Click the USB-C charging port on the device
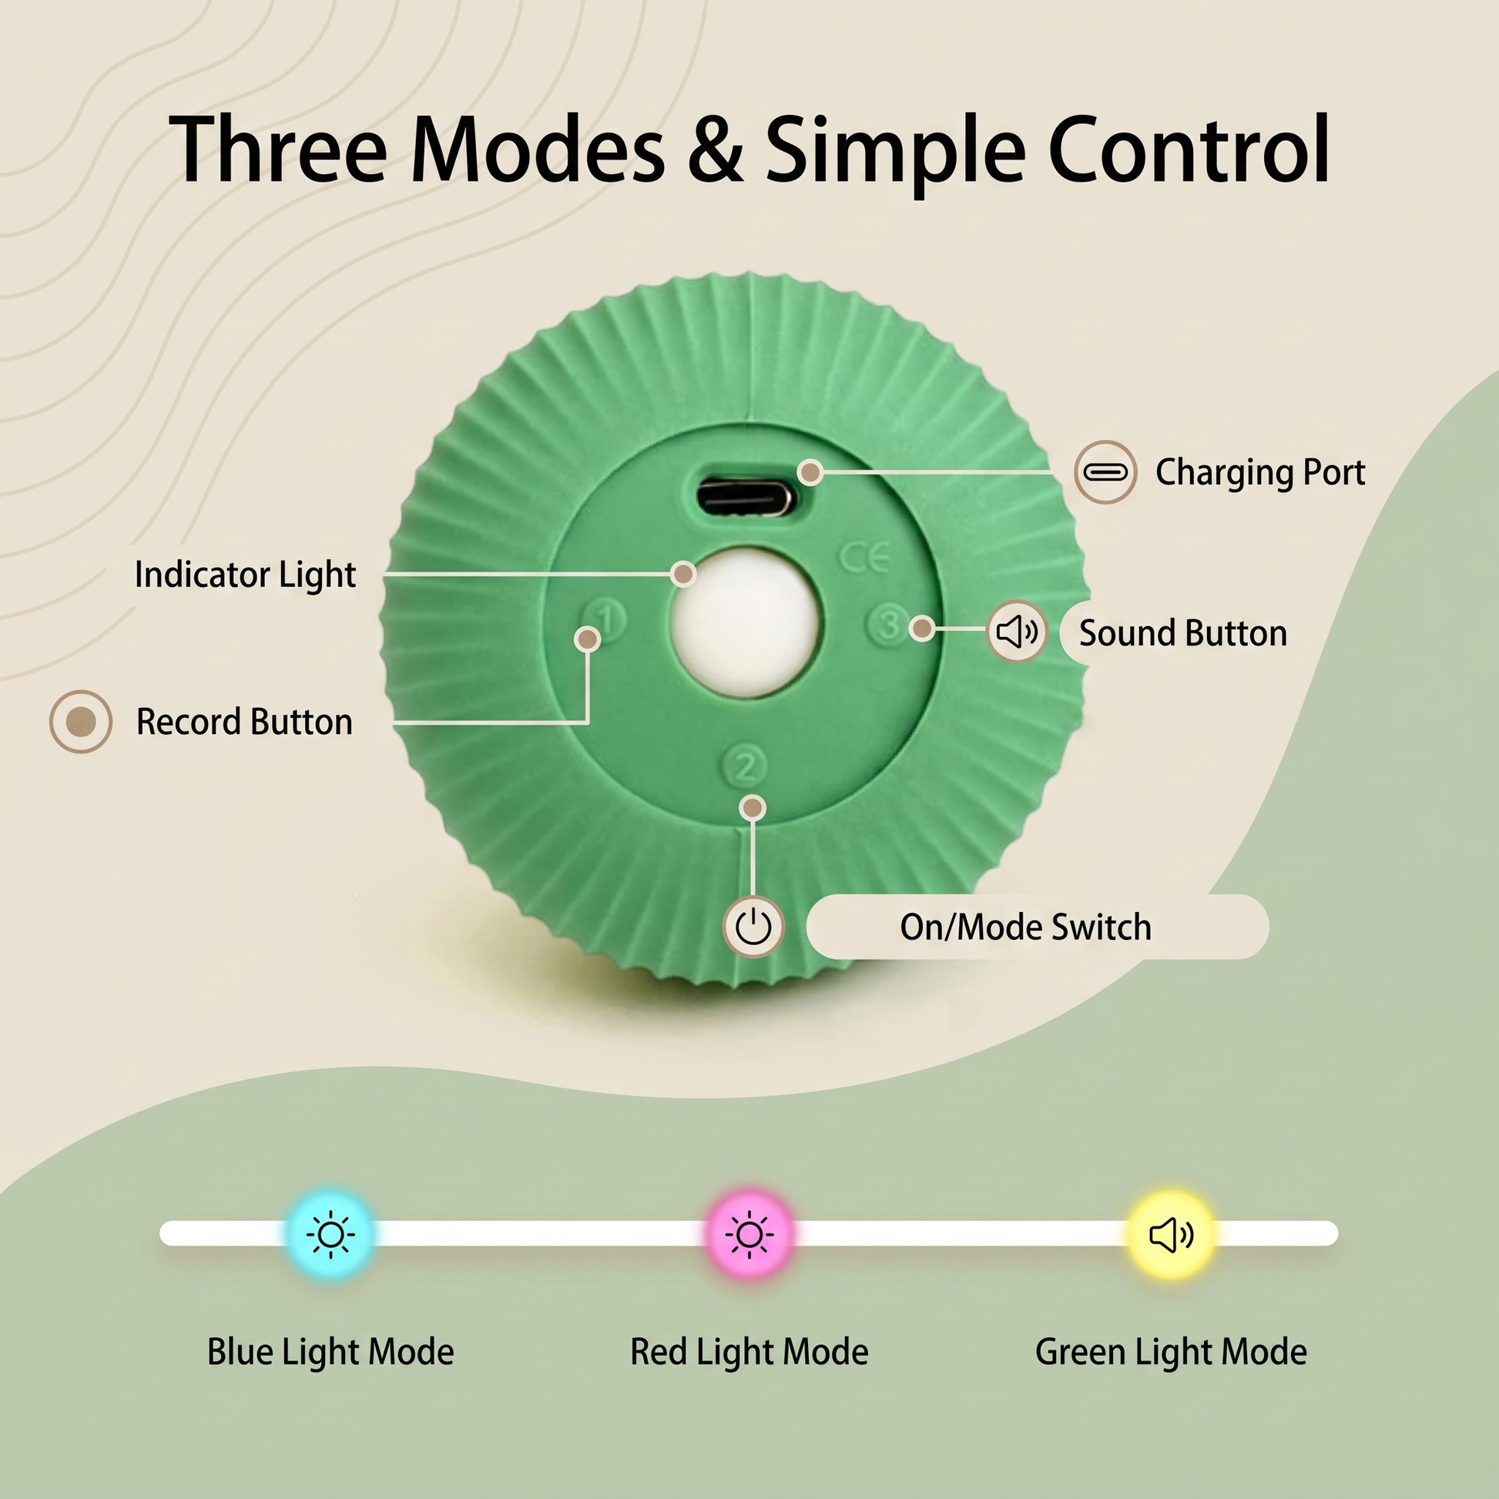pyautogui.click(x=745, y=497)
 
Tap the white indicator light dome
pyautogui.click(x=746, y=623)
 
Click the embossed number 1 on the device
pyautogui.click(x=606, y=620)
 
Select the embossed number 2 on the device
pyautogui.click(x=745, y=766)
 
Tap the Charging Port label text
pyautogui.click(x=1260, y=472)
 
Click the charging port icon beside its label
pyautogui.click(x=1105, y=471)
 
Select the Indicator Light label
pyautogui.click(x=245, y=575)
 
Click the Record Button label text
pyautogui.click(x=244, y=722)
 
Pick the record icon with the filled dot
pyautogui.click(x=81, y=722)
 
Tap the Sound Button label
pyautogui.click(x=1183, y=633)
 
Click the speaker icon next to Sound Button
pyautogui.click(x=1017, y=632)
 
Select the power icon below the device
pyautogui.click(x=753, y=927)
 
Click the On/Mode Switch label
pyautogui.click(x=1026, y=927)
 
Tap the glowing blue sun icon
pyautogui.click(x=331, y=1234)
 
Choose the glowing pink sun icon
pyautogui.click(x=749, y=1234)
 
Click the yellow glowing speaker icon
pyautogui.click(x=1171, y=1235)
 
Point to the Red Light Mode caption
pyautogui.click(x=749, y=1353)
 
